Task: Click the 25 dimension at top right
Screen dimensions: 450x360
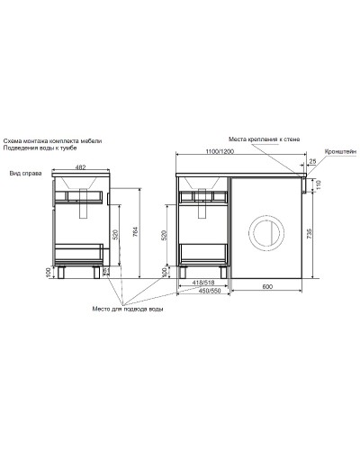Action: pos(311,162)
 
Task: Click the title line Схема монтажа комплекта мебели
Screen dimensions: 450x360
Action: pos(57,142)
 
